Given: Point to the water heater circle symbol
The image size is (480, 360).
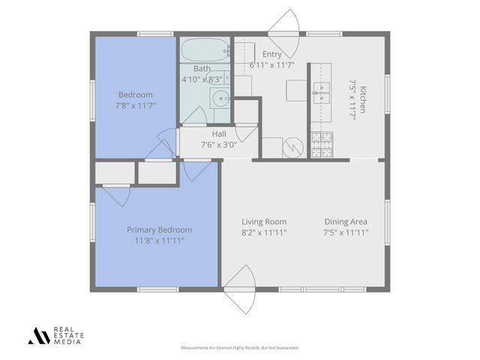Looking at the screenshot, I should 292,148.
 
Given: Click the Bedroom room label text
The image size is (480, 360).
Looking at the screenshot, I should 135,94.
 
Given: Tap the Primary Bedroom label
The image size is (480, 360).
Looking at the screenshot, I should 159,229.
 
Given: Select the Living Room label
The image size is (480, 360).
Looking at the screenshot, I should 264,221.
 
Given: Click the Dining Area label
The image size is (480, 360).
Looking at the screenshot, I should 346,221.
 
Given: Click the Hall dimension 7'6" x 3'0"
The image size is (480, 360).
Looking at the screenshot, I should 218,145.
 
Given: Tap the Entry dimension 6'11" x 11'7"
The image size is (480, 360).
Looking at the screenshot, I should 271,65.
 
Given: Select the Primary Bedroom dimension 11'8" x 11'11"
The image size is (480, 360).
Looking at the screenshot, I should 159,241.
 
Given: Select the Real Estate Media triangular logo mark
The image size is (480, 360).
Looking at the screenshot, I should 38,336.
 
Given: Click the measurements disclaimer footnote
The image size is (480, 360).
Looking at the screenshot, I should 240,348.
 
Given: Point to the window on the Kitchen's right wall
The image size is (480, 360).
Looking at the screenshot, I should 388,97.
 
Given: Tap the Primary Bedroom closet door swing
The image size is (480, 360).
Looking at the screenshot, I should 116,194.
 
